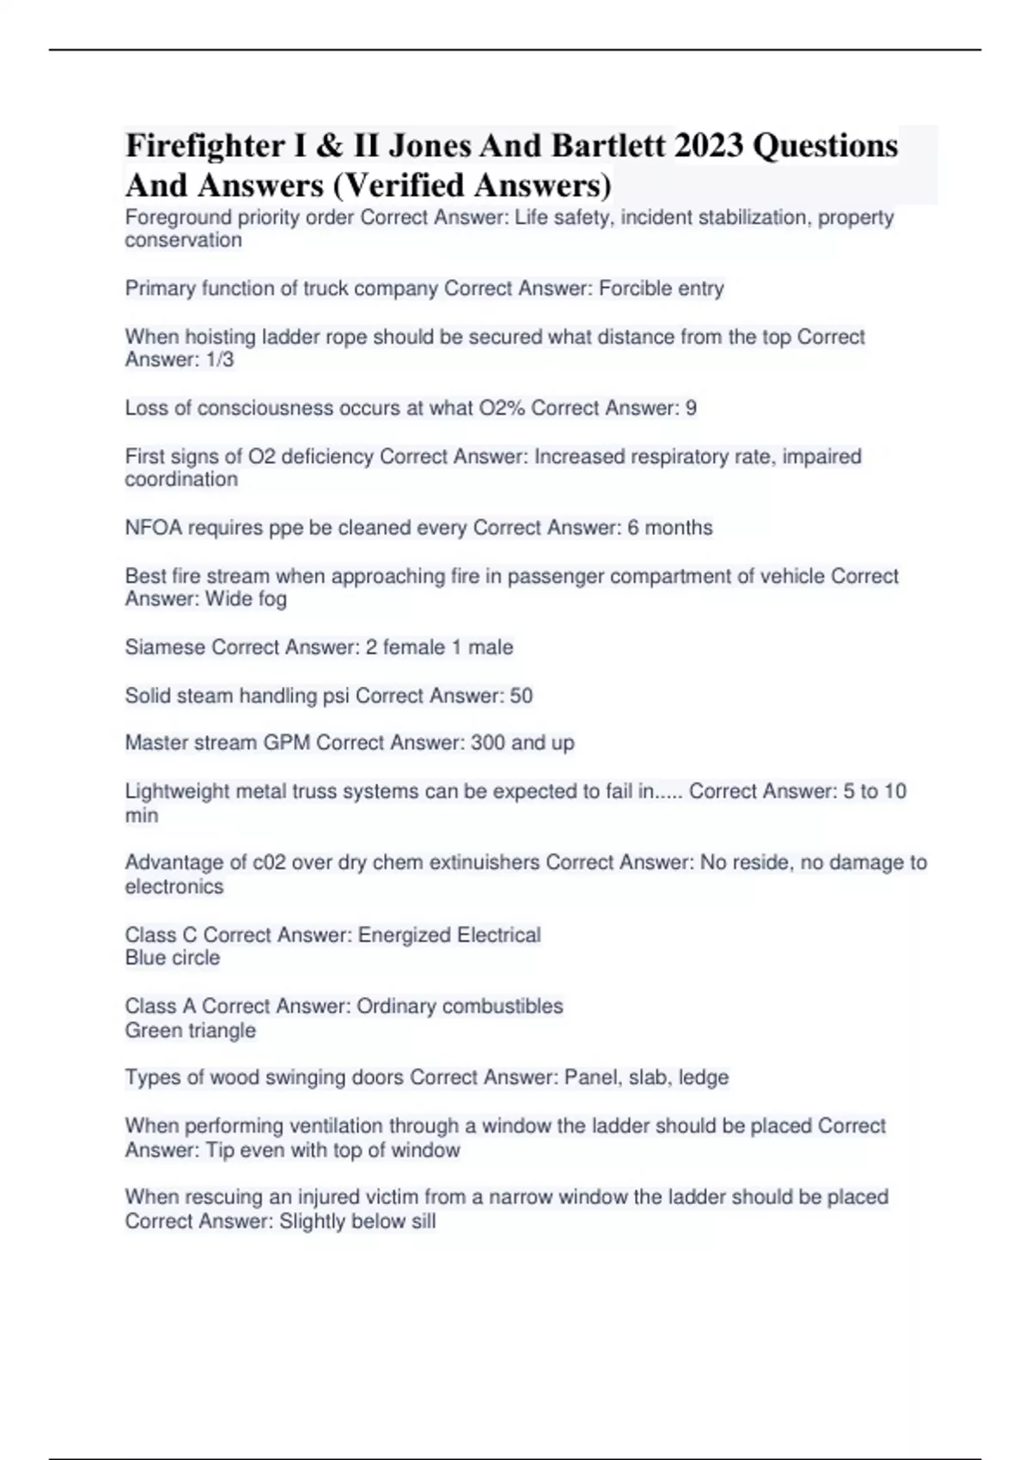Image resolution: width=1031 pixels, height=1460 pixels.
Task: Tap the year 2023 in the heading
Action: (x=708, y=146)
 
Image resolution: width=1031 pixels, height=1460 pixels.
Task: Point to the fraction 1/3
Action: (x=220, y=360)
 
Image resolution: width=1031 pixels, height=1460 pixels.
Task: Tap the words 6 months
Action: (x=670, y=527)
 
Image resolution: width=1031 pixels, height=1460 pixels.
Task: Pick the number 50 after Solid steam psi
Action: (x=522, y=696)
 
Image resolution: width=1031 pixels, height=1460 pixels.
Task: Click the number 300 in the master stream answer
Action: (x=487, y=743)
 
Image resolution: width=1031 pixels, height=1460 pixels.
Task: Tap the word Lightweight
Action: (x=178, y=791)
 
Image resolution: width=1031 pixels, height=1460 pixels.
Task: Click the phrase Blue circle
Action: (x=173, y=958)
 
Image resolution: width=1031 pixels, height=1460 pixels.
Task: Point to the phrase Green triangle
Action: (x=191, y=1031)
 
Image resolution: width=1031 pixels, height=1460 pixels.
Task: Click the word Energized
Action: (x=404, y=935)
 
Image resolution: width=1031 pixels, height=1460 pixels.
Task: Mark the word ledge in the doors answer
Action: (x=704, y=1078)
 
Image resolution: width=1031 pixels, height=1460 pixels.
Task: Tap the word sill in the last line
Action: (x=423, y=1221)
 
